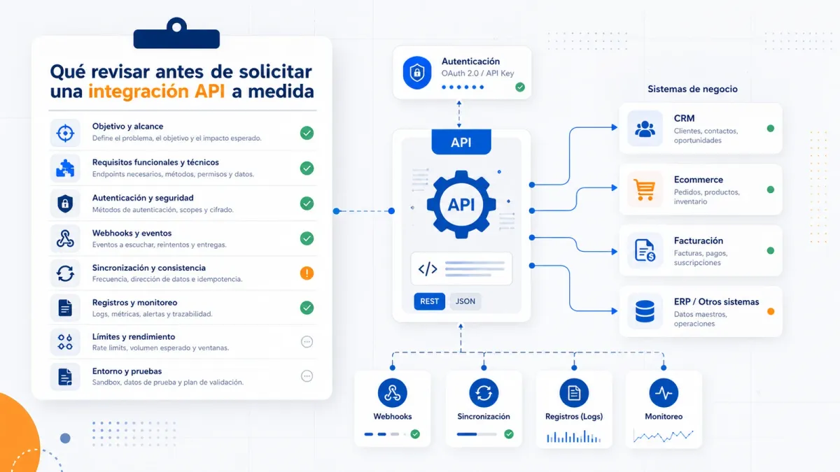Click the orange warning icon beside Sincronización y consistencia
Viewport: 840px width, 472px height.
tap(307, 273)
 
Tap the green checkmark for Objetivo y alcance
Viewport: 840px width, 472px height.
tap(307, 133)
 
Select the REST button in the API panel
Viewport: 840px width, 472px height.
tap(429, 301)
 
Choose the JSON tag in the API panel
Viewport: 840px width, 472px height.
tap(465, 301)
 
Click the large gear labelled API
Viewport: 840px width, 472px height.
tap(461, 203)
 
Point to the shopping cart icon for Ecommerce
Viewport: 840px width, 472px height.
tap(644, 189)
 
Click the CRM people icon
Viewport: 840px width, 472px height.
tap(644, 129)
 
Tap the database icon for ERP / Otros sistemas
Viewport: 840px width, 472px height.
tap(644, 312)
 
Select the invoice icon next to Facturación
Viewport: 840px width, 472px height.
tap(644, 250)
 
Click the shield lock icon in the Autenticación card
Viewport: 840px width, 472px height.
tap(416, 73)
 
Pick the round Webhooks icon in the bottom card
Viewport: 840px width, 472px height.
tap(392, 393)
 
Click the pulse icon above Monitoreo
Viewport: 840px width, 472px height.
tap(664, 393)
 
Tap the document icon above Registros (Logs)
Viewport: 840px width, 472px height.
tap(574, 393)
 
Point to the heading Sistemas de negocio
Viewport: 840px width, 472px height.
tap(692, 89)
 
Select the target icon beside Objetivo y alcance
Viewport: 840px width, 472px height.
tap(65, 133)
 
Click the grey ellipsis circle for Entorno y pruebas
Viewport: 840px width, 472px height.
tap(307, 376)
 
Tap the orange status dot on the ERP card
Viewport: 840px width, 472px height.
tap(771, 312)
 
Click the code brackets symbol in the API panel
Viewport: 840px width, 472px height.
tap(427, 269)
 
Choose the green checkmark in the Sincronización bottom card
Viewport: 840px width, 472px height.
tap(509, 434)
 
